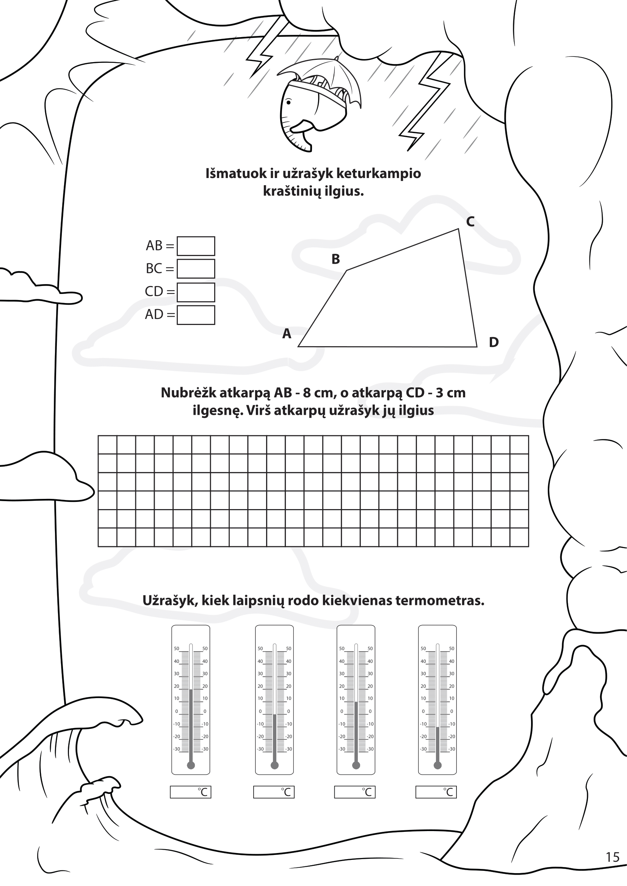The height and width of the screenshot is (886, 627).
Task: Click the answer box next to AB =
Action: pyautogui.click(x=196, y=246)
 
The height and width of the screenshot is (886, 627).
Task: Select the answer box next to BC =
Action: pyautogui.click(x=196, y=269)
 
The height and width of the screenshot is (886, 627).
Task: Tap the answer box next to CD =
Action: pyautogui.click(x=196, y=292)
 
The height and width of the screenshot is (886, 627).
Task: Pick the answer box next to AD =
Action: pyautogui.click(x=196, y=315)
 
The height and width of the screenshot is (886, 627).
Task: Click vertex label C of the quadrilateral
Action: pyautogui.click(x=470, y=222)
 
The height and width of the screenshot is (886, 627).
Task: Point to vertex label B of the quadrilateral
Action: pyautogui.click(x=335, y=259)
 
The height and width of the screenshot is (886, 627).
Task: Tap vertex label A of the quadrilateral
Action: pyautogui.click(x=287, y=333)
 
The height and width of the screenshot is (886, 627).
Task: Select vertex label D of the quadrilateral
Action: pyautogui.click(x=494, y=342)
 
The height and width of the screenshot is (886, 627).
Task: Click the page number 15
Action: pyautogui.click(x=612, y=857)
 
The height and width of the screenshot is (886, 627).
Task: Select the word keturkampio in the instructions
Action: pyautogui.click(x=378, y=174)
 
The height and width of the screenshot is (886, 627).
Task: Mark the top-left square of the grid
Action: pyautogui.click(x=108, y=445)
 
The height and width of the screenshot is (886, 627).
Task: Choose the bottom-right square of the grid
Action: pyautogui.click(x=519, y=538)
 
